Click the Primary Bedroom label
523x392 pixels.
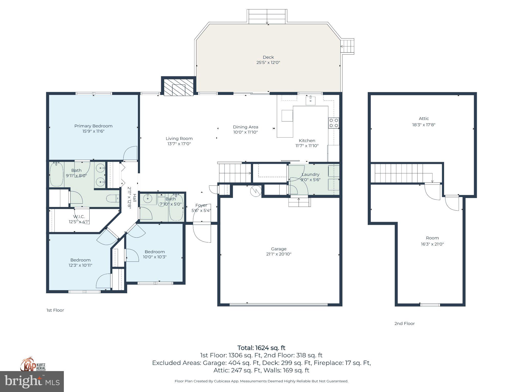(93, 126)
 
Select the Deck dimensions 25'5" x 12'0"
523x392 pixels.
(268, 63)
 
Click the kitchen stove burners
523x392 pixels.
(334, 123)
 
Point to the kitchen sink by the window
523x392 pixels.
(310, 101)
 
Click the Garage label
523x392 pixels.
(279, 249)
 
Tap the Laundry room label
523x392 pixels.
(310, 174)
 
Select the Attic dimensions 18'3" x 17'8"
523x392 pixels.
(424, 125)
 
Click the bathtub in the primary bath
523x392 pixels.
(56, 175)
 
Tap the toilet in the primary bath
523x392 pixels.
(113, 198)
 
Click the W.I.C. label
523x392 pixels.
(79, 217)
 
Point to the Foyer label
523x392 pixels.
(201, 205)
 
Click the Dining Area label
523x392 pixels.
(245, 127)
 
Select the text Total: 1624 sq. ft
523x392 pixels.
(261, 348)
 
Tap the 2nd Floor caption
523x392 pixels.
(405, 323)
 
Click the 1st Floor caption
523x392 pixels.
(55, 310)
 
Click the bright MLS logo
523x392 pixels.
(32, 381)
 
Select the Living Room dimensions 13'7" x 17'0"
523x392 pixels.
(179, 144)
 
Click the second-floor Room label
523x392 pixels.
(432, 238)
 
